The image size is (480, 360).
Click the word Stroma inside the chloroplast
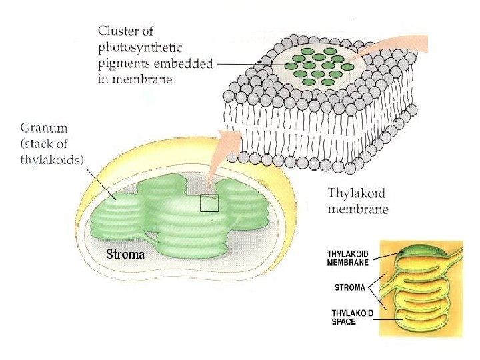pos(125,254)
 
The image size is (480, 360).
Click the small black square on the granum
pos(209,203)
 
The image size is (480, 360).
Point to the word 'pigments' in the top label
pos(123,64)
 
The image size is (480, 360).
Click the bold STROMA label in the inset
pos(350,288)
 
